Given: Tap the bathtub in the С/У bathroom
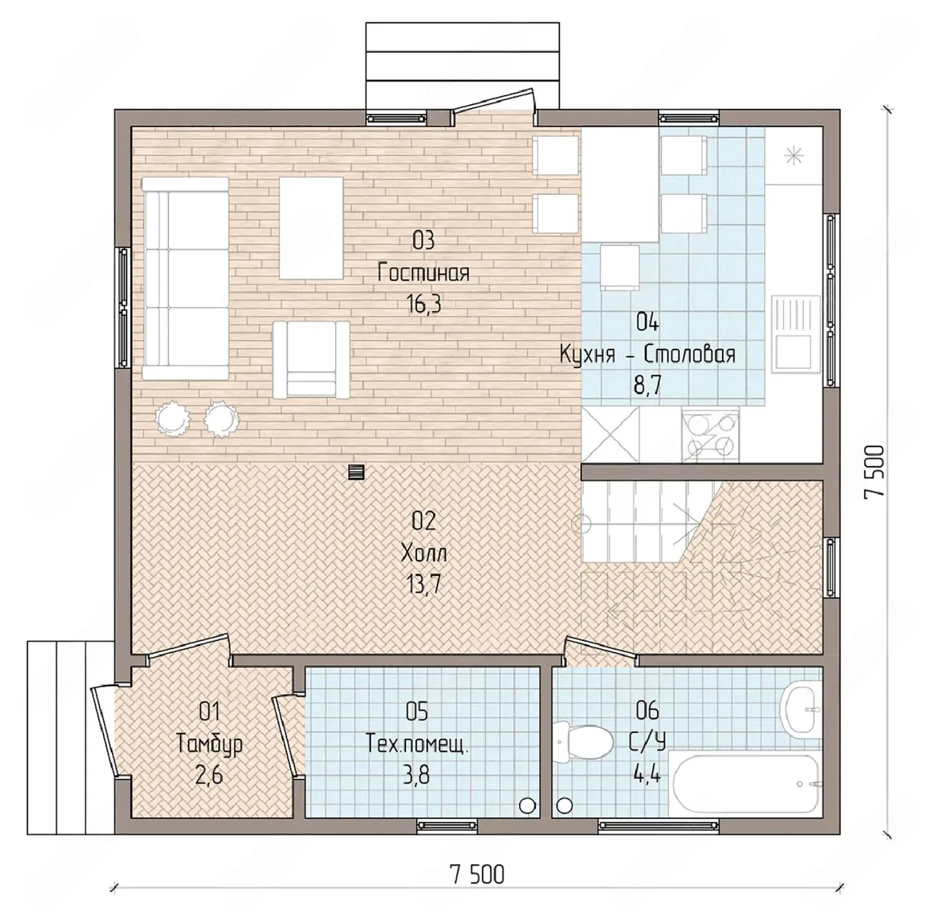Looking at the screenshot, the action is coord(746,784).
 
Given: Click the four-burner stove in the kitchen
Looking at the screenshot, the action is coord(710,435).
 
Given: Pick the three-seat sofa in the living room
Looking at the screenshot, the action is coord(186,279).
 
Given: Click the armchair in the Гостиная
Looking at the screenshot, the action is coord(311,359).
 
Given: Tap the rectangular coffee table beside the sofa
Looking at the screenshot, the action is coord(311,228).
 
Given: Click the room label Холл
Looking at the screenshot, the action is coord(424,553).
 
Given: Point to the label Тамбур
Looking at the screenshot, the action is coord(210,743).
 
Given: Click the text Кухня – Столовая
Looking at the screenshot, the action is coord(647,355).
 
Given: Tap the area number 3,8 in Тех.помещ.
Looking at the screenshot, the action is coord(417,777).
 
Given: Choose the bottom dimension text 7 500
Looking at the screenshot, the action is coord(477,875).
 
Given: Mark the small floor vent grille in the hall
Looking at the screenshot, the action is coord(357,472).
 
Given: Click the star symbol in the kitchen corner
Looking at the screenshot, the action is coord(792,156).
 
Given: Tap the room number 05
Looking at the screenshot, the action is coord(417,712).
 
